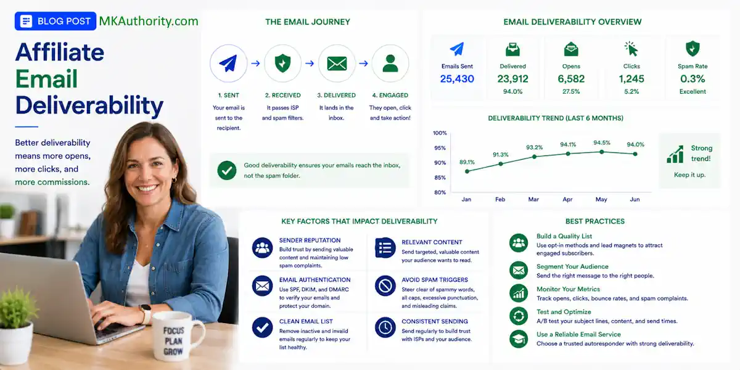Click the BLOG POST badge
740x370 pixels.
55,21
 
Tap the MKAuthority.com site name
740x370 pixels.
149,21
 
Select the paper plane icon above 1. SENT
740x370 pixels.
228,63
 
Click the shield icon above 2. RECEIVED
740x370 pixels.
282,63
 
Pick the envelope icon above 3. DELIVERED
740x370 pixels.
337,64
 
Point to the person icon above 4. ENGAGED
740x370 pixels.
390,63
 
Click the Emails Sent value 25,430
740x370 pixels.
457,79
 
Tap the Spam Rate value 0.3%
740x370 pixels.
693,79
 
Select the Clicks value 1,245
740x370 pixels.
631,79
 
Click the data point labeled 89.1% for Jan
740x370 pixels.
467,171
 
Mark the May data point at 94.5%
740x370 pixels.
602,152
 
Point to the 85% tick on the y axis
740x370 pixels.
440,178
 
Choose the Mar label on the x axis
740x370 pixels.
533,199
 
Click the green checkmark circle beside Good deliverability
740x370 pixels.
227,170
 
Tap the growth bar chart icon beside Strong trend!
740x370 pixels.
675,154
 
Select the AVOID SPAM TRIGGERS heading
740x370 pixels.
434,280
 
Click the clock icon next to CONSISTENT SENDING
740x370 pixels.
385,327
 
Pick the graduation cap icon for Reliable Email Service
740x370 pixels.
519,339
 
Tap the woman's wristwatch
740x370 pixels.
146,314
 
